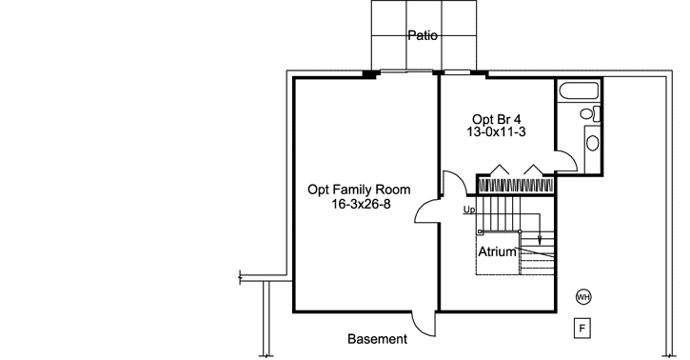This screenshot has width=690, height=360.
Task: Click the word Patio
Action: pyautogui.click(x=423, y=36)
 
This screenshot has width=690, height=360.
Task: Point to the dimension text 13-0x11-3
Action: pyautogui.click(x=496, y=134)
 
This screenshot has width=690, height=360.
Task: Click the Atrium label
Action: pyautogui.click(x=497, y=253)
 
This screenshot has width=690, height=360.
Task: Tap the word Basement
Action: pyautogui.click(x=377, y=339)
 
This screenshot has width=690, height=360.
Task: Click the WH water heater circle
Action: pyautogui.click(x=583, y=297)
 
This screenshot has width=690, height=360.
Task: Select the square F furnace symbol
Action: pyautogui.click(x=583, y=329)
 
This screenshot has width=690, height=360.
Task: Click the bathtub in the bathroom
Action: pyautogui.click(x=580, y=93)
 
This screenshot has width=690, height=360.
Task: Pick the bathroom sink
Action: pyautogui.click(x=592, y=144)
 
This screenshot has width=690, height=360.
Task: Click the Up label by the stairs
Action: pyautogui.click(x=468, y=210)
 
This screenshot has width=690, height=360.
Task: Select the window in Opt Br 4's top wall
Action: pyautogui.click(x=460, y=72)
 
